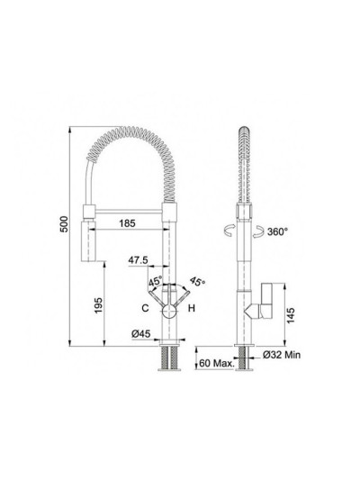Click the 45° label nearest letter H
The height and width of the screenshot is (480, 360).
tap(198, 282)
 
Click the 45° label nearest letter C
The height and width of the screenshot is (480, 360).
tap(155, 282)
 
